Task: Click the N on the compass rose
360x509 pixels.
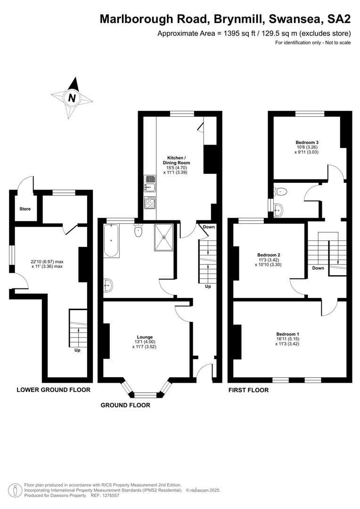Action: coord(72,98)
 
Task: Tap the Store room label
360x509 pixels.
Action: coord(25,209)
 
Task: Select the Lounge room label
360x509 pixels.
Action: coord(145,337)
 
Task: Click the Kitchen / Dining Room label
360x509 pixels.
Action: coord(176,160)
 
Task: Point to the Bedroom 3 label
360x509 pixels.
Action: coord(307,142)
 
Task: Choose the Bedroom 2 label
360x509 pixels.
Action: coord(269,255)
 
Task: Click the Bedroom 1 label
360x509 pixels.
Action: coord(287,334)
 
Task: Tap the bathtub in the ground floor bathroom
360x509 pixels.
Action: coord(111,240)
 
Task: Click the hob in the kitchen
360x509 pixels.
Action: coord(150,203)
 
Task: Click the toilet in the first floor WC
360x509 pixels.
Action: coord(280,191)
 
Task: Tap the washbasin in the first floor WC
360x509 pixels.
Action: coord(278,210)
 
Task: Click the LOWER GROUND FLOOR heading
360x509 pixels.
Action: coord(54,390)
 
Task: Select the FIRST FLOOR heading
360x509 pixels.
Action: coord(249,390)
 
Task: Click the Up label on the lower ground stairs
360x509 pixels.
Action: coord(77,350)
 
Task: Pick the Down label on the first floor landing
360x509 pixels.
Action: coord(318,268)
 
